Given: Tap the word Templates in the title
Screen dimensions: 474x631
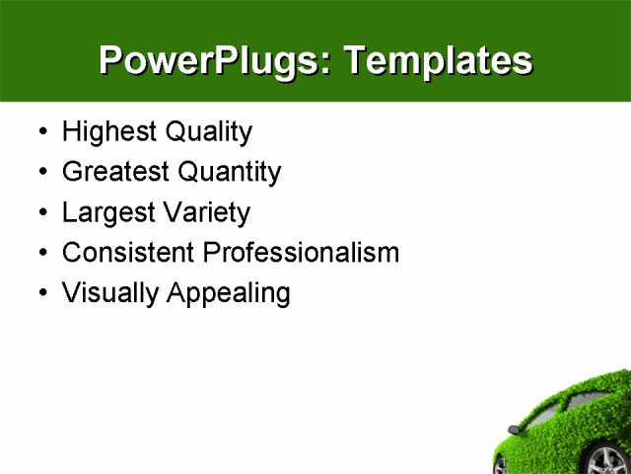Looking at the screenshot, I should pyautogui.click(x=437, y=61).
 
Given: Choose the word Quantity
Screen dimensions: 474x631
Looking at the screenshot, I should pyautogui.click(x=229, y=173).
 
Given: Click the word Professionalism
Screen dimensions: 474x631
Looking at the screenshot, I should pyautogui.click(x=301, y=253).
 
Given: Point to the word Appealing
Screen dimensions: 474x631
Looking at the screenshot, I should pyautogui.click(x=228, y=294).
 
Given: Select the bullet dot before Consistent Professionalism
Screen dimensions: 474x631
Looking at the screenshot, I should pyautogui.click(x=40, y=254).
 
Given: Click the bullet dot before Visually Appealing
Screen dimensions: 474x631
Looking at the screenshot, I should pyautogui.click(x=40, y=294).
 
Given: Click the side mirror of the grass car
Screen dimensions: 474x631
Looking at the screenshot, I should pyautogui.click(x=513, y=430).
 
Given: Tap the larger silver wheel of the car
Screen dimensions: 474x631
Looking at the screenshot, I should pyautogui.click(x=609, y=459).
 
